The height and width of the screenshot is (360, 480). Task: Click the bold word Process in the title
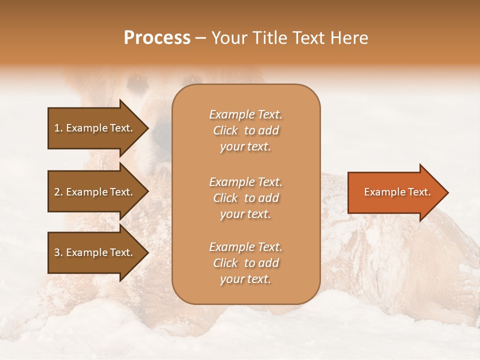pos(157,38)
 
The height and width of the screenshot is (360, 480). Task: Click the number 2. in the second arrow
pos(57,192)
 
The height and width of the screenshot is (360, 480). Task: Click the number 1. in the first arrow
pos(57,128)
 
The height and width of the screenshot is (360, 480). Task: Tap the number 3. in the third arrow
pos(57,252)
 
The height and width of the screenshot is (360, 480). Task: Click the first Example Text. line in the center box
pos(245,114)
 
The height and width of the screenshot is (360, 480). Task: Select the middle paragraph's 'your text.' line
pos(245,214)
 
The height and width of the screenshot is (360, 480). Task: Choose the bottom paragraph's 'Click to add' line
pos(245,263)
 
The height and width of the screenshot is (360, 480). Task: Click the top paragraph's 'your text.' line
pos(245,146)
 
